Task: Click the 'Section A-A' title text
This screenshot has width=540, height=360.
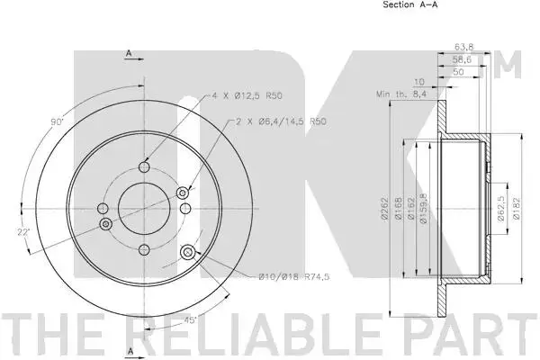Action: point(409,4)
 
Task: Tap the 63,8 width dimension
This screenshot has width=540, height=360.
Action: point(464,47)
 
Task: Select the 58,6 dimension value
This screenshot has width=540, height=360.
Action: point(462,59)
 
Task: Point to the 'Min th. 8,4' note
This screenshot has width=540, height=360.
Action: point(401,94)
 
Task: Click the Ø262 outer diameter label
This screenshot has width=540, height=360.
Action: point(384,208)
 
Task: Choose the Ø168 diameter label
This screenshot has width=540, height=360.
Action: point(398,208)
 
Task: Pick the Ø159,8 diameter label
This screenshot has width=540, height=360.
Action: point(424,209)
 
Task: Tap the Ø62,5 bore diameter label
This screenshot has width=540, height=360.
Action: point(501,209)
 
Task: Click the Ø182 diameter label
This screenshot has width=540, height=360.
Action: point(517,209)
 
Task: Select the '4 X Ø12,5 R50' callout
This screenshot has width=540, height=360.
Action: point(247,95)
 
